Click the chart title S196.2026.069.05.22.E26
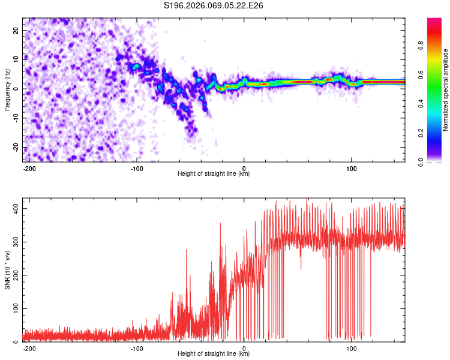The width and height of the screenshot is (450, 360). click(214, 6)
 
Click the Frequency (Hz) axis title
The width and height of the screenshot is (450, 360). click(7, 90)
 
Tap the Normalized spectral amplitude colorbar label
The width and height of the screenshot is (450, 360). click(446, 90)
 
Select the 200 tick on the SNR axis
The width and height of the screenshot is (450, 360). click(14, 275)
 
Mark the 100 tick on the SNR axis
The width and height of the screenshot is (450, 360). click(14, 308)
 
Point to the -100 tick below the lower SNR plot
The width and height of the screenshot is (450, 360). click(137, 348)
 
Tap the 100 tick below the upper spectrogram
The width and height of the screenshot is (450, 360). click(350, 168)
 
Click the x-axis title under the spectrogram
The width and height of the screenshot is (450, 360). click(214, 174)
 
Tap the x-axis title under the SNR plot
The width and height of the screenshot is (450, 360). click(214, 354)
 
